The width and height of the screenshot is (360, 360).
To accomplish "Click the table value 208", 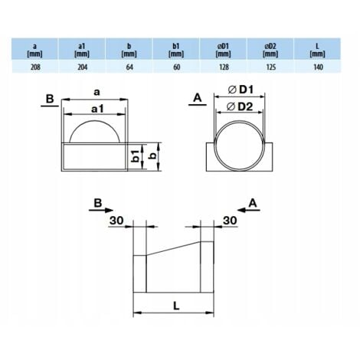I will click(33, 67).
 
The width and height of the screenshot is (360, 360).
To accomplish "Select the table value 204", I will click(82, 67).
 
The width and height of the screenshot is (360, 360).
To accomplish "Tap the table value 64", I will click(131, 67).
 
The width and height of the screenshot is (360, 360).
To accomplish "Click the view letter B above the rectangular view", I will click(49, 98).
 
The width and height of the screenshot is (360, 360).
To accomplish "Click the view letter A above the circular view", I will click(197, 98).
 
